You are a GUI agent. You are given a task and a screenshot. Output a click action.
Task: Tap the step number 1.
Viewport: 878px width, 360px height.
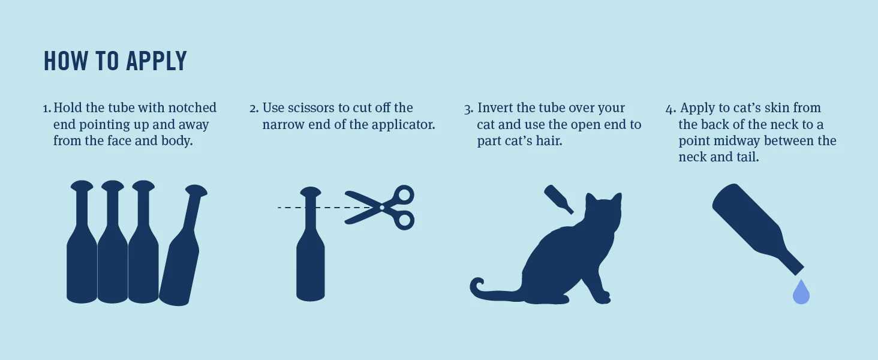[x=47, y=109]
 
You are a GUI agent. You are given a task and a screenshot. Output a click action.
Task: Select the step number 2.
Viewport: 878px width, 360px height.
[x=254, y=109]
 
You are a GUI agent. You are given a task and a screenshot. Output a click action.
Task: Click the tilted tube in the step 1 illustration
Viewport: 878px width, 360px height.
[x=183, y=245]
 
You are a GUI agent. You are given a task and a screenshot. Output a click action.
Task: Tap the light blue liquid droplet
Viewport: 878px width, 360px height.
[x=801, y=293]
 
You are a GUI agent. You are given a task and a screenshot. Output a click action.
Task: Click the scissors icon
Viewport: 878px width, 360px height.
[x=380, y=208]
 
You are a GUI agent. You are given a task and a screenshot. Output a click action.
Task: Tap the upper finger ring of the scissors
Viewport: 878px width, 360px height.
[x=404, y=195]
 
